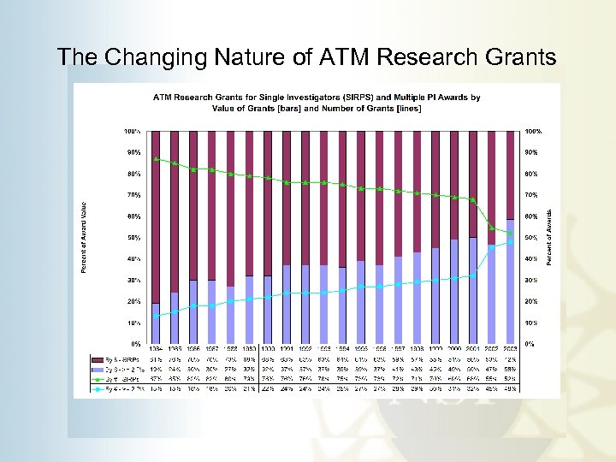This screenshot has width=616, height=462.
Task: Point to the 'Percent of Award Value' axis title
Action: (x=83, y=238)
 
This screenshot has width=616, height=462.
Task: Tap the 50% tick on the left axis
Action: (x=133, y=238)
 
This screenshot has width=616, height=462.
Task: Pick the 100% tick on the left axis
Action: (x=133, y=132)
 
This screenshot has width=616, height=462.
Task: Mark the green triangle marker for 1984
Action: (x=156, y=158)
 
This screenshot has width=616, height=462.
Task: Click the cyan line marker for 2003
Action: (x=510, y=242)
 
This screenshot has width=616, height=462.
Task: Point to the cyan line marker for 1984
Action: (x=156, y=316)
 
